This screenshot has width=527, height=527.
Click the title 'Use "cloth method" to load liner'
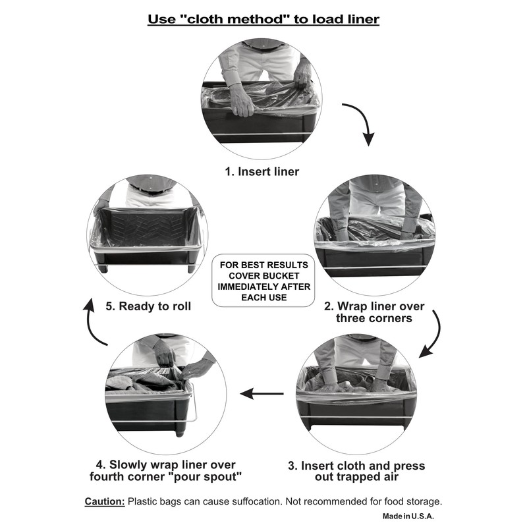(263, 18)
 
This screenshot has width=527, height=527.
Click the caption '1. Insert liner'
(262, 172)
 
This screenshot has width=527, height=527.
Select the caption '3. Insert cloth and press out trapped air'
(356, 472)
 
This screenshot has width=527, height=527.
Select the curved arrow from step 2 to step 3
(432, 336)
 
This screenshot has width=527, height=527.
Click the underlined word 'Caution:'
(105, 501)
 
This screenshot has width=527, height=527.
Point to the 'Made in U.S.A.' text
(408, 516)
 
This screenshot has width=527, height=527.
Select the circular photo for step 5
(148, 235)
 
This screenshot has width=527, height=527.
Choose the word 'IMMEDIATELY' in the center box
(263, 287)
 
